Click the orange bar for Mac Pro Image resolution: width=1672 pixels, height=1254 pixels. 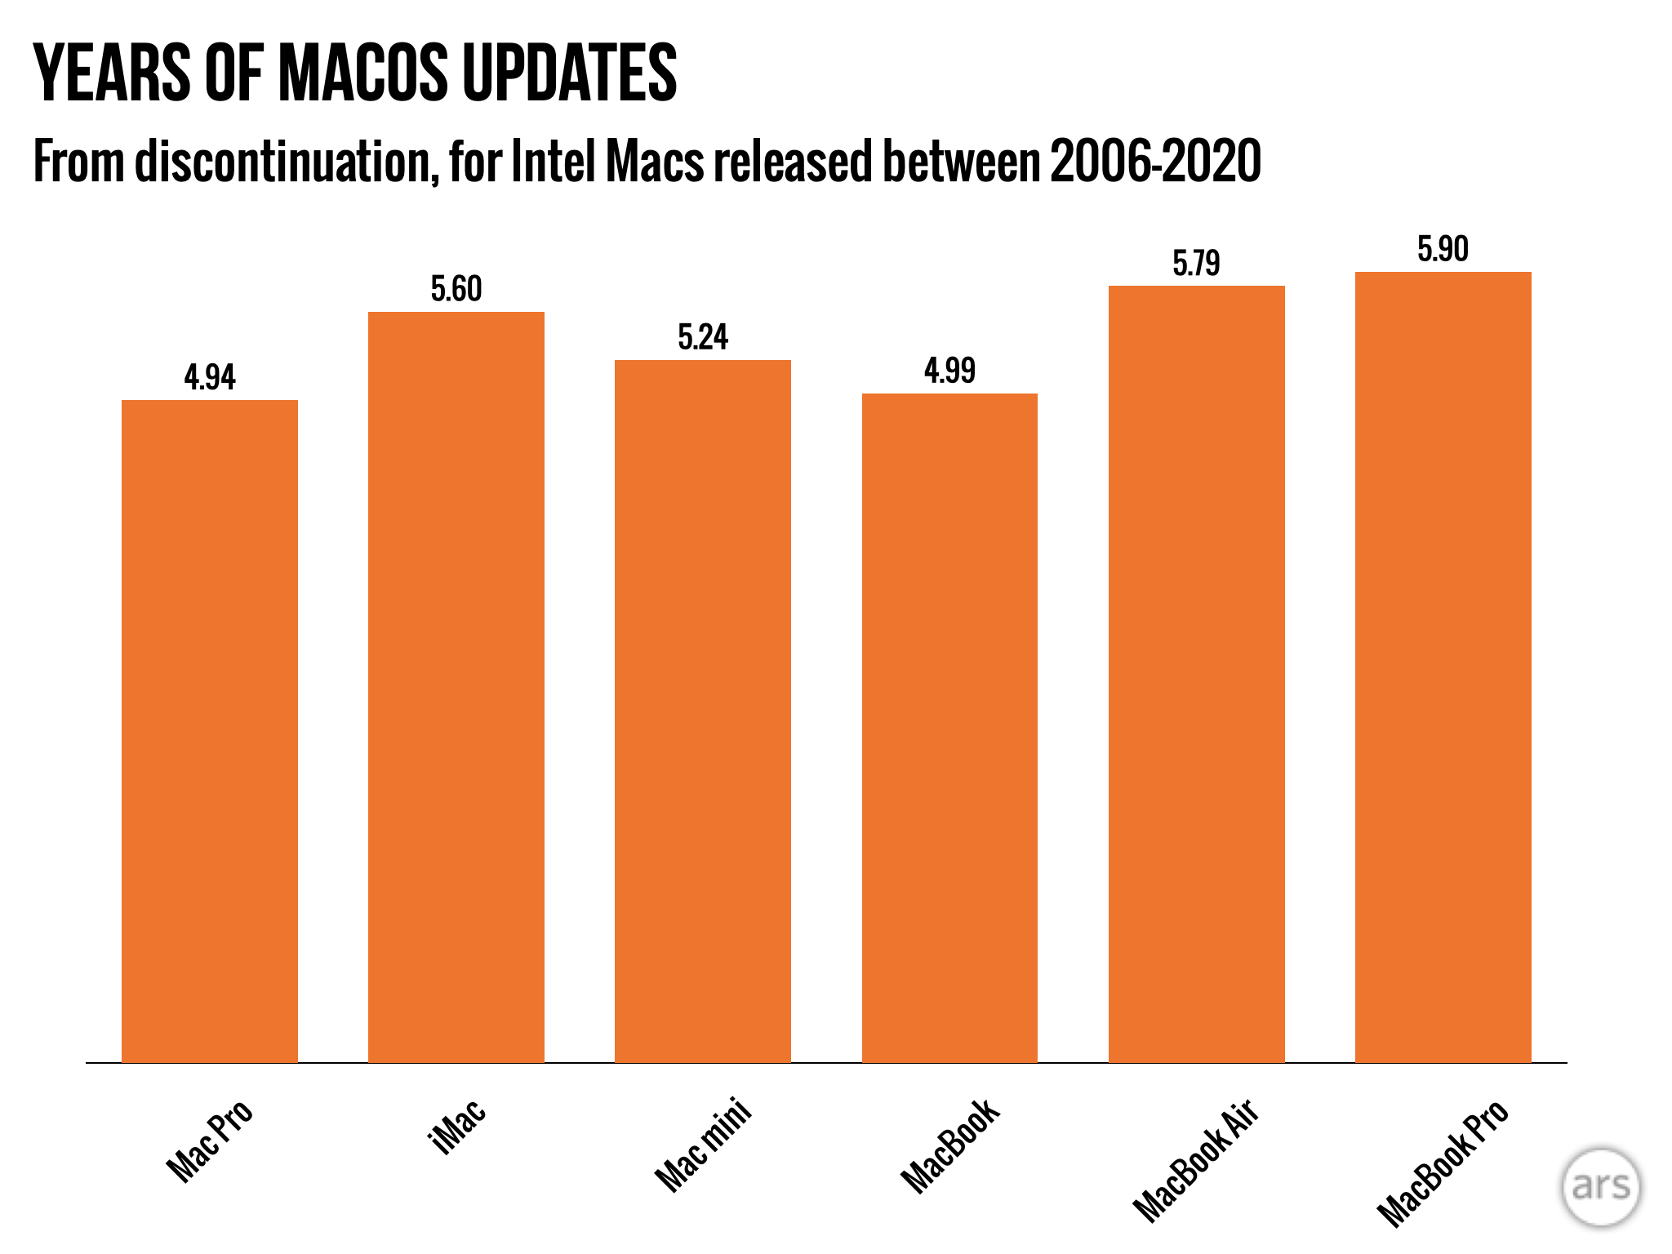click(210, 731)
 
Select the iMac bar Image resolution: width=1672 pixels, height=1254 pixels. click(456, 687)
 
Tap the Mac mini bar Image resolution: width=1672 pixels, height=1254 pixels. click(703, 710)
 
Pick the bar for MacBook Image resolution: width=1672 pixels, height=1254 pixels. click(949, 727)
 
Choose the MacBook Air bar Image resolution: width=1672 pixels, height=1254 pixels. click(1197, 674)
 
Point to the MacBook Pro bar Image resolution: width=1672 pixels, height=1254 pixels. click(1443, 666)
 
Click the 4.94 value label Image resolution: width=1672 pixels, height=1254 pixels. click(210, 377)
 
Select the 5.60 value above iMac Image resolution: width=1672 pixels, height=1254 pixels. click(456, 289)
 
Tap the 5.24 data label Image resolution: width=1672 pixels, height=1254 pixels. click(703, 337)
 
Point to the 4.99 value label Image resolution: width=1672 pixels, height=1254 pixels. click(949, 371)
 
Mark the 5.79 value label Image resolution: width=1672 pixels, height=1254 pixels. click(1197, 263)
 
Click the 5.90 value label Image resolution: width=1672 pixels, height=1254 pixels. click(1443, 249)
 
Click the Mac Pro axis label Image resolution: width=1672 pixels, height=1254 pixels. click(210, 1141)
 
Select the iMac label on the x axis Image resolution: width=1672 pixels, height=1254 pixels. click(458, 1126)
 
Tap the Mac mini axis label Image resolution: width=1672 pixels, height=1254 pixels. click(703, 1145)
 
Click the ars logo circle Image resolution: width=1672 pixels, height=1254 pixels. click(1601, 1187)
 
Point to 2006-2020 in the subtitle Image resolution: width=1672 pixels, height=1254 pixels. click(1155, 162)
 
